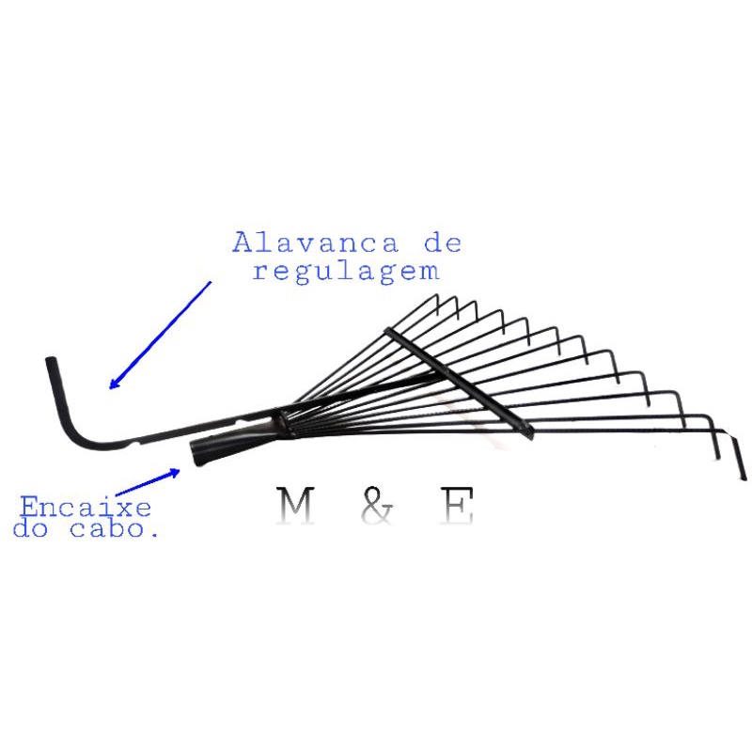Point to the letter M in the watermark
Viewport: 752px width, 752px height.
[x=296, y=508]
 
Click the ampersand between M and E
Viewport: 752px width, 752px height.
[x=375, y=508]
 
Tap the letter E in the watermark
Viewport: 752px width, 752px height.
[x=457, y=508]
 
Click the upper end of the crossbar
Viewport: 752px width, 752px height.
[x=387, y=330]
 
